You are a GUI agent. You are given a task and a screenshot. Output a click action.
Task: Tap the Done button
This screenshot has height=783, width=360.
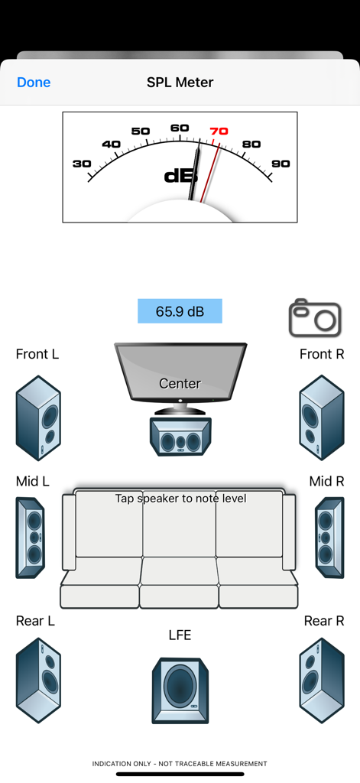(34, 83)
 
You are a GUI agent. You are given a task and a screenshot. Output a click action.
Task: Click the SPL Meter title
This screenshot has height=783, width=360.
(180, 83)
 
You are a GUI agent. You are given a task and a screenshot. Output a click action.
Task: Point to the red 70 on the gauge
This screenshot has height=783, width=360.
(219, 132)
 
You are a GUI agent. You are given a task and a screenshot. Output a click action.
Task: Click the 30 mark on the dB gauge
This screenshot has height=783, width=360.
(82, 164)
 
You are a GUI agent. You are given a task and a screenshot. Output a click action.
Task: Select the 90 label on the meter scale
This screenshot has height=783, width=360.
(281, 164)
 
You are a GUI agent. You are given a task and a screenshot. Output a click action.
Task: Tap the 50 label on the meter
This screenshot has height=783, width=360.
(141, 132)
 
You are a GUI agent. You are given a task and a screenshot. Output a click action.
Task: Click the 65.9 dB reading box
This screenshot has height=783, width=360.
(180, 311)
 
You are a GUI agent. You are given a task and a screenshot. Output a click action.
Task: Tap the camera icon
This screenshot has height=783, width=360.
(315, 318)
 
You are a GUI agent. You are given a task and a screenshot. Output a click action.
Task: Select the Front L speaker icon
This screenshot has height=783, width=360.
(38, 417)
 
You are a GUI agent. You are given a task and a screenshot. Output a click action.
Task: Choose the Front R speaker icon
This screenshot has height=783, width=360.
(322, 417)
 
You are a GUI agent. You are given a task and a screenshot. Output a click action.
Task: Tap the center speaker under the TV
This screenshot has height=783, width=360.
(180, 437)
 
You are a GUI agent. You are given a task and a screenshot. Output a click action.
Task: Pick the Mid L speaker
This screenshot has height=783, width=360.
(31, 538)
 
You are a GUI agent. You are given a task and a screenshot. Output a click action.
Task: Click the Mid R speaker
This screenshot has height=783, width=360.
(329, 538)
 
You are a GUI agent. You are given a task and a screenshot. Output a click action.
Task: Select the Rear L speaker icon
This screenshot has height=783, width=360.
(38, 680)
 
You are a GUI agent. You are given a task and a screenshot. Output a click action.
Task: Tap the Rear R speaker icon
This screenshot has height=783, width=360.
(322, 680)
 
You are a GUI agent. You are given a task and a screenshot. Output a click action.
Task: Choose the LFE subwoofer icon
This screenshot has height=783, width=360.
(180, 690)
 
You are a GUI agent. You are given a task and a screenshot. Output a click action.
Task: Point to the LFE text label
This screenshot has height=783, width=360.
(180, 635)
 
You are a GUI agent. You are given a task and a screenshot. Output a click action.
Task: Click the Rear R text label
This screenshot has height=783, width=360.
(324, 621)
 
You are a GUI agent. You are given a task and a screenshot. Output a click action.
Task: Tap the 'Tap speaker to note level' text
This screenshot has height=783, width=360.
(180, 499)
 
